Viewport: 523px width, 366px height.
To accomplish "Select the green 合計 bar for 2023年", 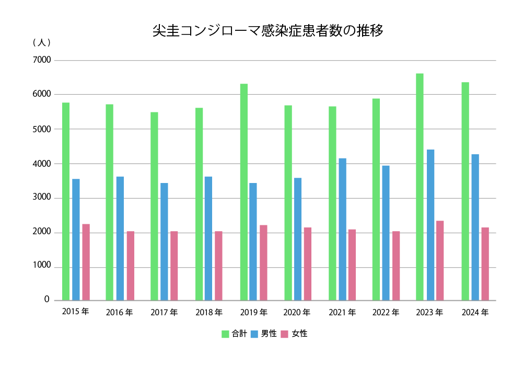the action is point(420,187).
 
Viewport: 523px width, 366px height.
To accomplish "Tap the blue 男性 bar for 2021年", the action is point(342,229).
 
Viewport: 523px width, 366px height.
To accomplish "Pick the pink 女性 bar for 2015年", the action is point(86,262).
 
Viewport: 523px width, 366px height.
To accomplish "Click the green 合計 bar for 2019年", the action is point(244,192).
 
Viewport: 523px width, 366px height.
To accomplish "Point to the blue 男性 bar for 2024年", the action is point(475,227).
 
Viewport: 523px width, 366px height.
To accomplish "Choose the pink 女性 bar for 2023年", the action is point(440,260).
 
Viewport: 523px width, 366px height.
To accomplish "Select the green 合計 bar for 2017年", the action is point(154,206).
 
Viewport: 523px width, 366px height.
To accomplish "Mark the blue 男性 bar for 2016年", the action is point(120,238).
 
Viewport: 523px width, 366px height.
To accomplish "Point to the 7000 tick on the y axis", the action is point(42,60).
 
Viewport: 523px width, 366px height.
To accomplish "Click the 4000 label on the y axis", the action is point(42,164).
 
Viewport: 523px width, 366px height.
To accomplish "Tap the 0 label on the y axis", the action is point(47,300).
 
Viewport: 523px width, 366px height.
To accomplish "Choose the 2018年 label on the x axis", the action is point(209,313).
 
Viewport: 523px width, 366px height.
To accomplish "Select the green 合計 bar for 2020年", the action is point(288,203).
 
